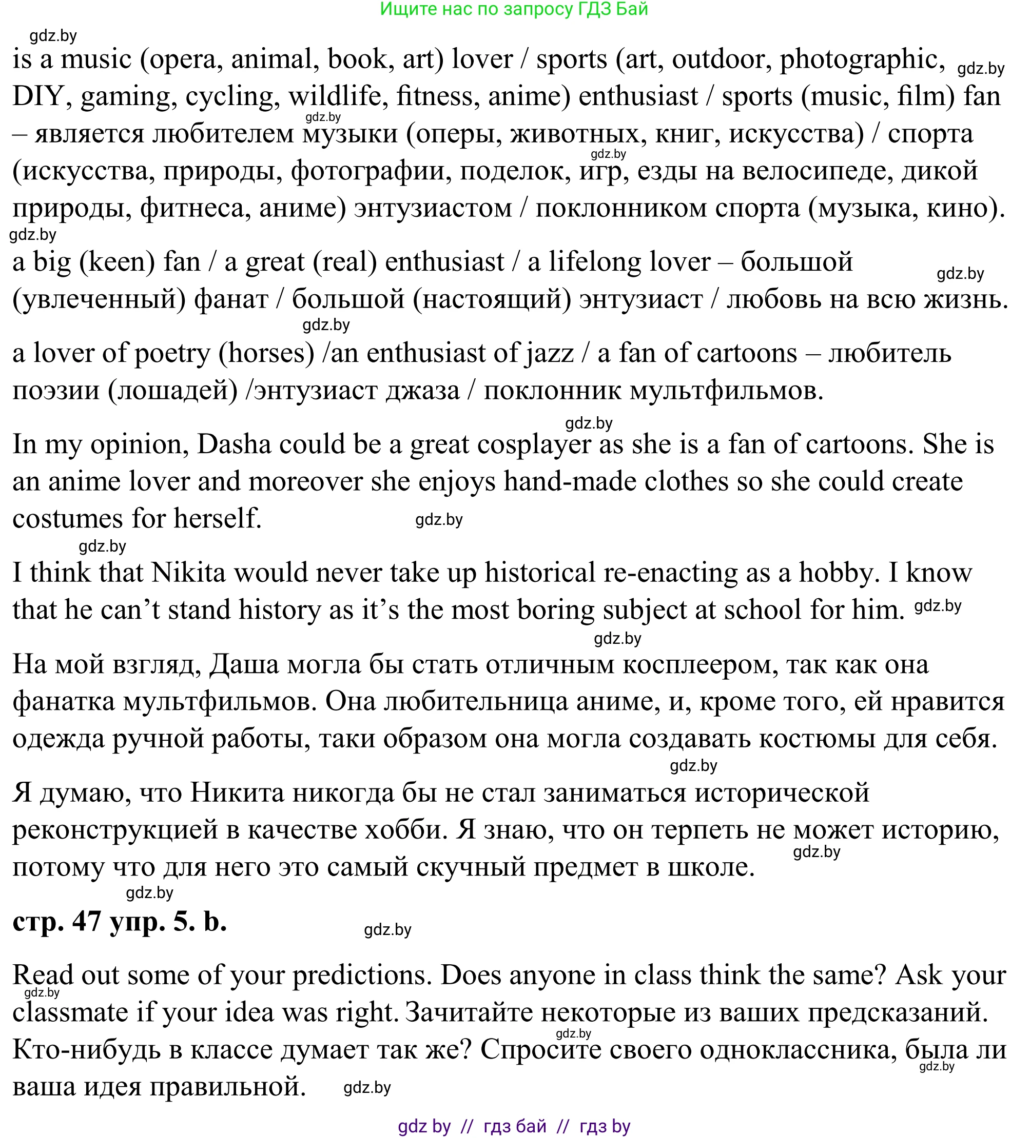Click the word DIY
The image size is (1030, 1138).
[38, 96]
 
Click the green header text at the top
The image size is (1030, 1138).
[514, 9]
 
